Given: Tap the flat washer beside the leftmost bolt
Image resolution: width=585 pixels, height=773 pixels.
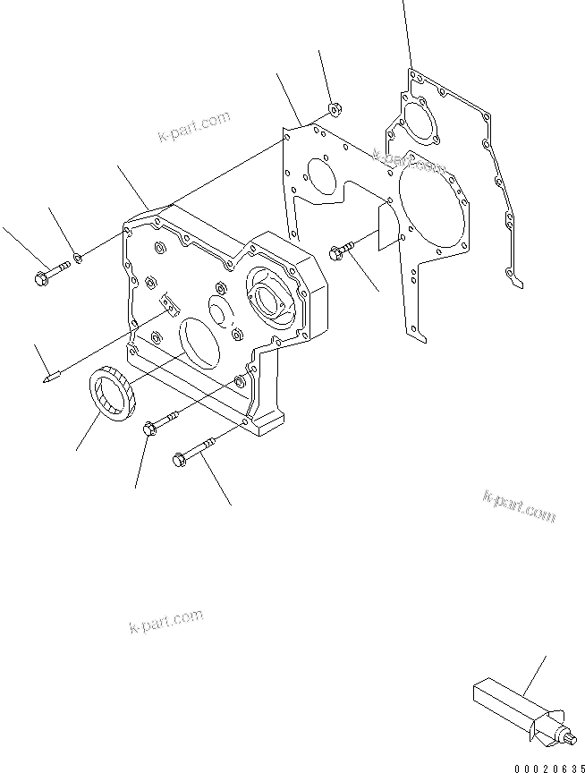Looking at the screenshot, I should coord(80,259).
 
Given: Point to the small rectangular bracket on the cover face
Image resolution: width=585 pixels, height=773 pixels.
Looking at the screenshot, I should coord(167,305).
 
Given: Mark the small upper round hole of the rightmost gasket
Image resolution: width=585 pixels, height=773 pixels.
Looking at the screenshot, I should coord(414,122).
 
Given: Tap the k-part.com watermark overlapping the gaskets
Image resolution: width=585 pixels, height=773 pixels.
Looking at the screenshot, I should coord(409,161).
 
